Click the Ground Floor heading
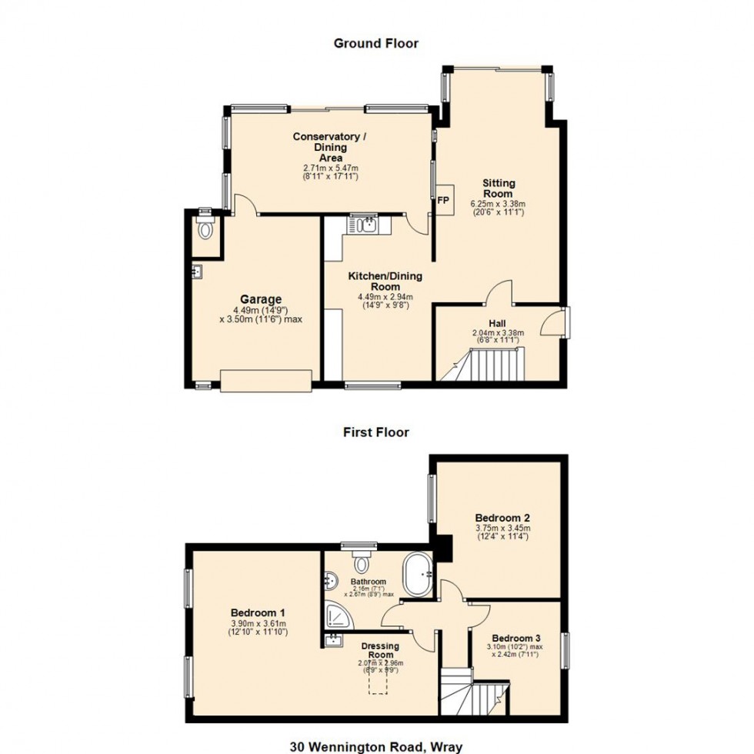[375, 43]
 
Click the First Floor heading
[375, 432]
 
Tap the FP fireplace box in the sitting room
[443, 200]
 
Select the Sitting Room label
[498, 188]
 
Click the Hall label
[498, 324]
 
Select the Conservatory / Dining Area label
[331, 147]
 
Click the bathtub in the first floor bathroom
[419, 573]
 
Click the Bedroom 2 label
[502, 518]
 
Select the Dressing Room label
[380, 651]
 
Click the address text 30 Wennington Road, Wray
[375, 746]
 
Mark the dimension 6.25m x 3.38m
[498, 204]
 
